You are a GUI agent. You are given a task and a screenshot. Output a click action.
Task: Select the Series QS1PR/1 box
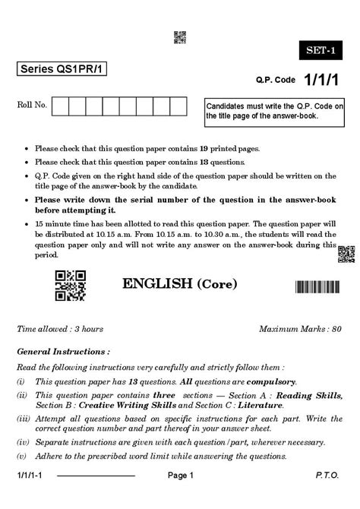point(63,69)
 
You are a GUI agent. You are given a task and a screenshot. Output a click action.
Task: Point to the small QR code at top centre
point(180,36)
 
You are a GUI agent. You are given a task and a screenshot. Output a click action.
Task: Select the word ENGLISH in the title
point(157,284)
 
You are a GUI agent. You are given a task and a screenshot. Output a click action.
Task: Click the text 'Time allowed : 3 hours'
point(60,329)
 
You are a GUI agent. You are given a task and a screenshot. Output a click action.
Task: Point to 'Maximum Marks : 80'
point(300,329)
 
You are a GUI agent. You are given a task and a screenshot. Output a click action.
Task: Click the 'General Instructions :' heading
point(63,353)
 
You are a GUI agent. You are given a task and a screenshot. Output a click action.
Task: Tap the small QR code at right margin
point(346,254)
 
